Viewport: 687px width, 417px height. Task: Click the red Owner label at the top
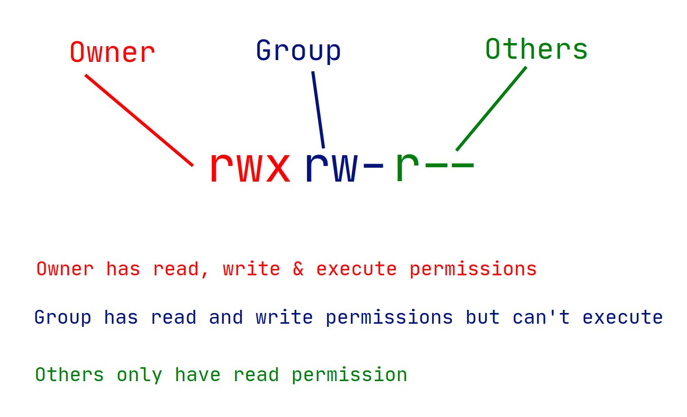coord(112,52)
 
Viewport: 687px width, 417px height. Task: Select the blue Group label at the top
coord(298,51)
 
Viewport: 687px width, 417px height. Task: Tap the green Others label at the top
coord(536,49)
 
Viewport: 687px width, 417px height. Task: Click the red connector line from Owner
coord(139,121)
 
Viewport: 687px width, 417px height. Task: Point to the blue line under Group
coord(318,110)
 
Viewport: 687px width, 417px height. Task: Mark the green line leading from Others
coord(491,109)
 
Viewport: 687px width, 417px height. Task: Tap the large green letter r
coord(407,167)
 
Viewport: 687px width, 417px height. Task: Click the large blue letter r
coord(317,167)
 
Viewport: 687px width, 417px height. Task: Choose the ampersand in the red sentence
coord(298,269)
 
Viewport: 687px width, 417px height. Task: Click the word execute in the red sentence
coord(356,269)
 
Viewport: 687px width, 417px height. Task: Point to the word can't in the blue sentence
coord(541,317)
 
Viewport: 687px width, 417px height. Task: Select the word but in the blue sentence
coord(482,317)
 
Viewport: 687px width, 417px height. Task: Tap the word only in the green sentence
coord(140,375)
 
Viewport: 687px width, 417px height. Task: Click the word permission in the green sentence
coord(349,375)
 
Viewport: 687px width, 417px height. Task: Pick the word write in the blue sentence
coord(284,317)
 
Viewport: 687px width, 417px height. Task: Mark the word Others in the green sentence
coord(69,374)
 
